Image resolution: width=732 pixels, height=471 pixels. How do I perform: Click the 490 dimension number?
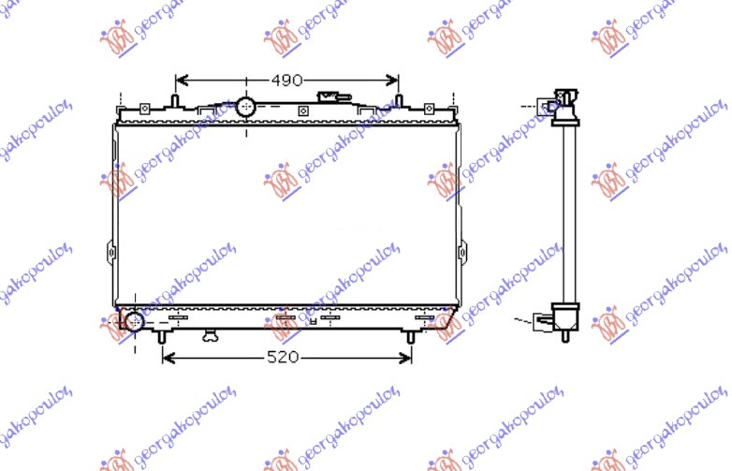click(x=287, y=81)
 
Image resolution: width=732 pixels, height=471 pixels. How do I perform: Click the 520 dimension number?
click(x=285, y=357)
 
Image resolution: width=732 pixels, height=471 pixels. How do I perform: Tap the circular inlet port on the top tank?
click(x=246, y=106)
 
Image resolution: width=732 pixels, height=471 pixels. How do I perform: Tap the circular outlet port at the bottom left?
click(x=134, y=322)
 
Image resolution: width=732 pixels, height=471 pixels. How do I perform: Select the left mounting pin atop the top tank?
click(x=175, y=99)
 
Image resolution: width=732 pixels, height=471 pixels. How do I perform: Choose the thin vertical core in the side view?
click(x=566, y=215)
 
